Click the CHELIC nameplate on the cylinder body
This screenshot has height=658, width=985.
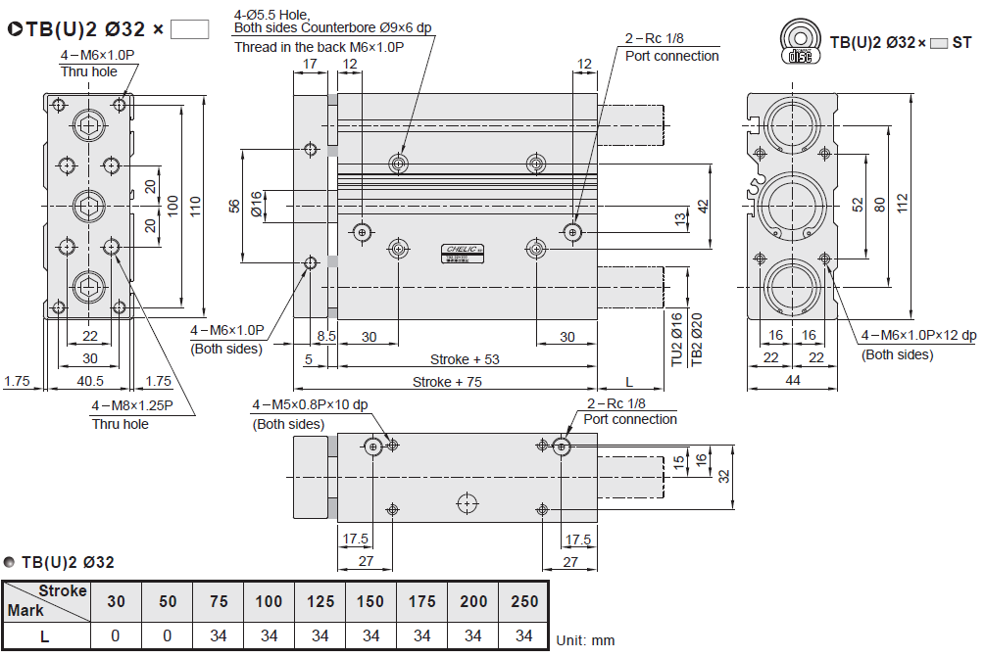(461, 252)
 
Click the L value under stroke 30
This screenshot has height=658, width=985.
(116, 635)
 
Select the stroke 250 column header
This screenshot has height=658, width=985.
(524, 601)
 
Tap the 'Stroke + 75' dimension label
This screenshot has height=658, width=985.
(447, 382)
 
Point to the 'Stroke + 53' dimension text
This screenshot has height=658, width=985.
(465, 359)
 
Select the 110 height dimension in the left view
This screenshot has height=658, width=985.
(195, 206)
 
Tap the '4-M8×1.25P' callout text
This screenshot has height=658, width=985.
(132, 404)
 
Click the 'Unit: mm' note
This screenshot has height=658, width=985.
(585, 640)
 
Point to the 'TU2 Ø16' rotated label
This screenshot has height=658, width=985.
(676, 339)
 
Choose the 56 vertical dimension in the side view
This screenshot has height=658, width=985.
(233, 206)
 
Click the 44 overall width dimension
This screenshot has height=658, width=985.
(791, 381)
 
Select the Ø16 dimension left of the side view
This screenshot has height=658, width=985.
(257, 204)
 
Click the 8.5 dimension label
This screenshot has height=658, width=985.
(326, 336)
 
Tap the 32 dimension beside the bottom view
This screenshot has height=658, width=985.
(724, 476)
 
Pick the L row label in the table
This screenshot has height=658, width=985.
(44, 635)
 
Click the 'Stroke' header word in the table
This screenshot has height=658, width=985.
(63, 590)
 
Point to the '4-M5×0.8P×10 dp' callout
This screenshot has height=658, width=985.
(310, 404)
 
